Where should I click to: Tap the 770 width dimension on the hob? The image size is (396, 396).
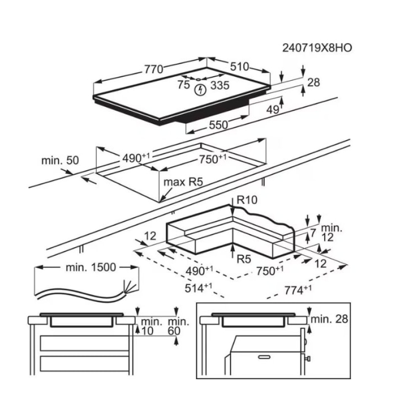pos(153,70)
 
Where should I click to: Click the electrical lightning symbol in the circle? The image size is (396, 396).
pos(200,91)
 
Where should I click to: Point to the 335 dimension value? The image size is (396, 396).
pos(220,85)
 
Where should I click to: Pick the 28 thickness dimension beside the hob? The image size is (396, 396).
pos(314,82)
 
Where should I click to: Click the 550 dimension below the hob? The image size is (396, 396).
pos(218,125)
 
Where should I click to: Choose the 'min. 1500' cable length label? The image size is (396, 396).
pos(91,268)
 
